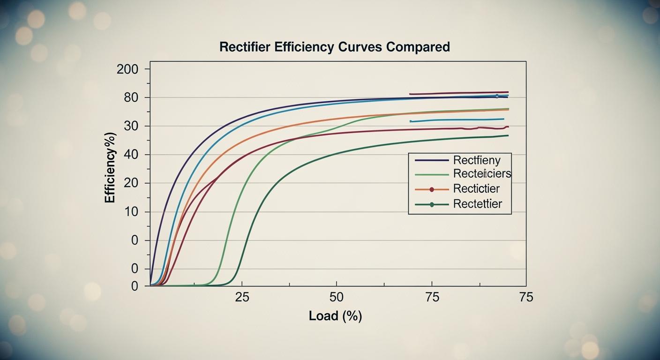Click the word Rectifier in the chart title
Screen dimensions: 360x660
pos(245,47)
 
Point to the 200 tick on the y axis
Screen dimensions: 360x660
pos(127,69)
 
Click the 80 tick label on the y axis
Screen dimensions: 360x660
pos(131,97)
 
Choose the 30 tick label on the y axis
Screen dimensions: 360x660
pos(131,126)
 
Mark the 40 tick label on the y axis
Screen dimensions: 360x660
pos(131,155)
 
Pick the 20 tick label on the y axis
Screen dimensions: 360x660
pos(131,183)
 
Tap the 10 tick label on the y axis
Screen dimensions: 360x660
pos(131,212)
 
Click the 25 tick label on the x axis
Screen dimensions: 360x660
pos(242,297)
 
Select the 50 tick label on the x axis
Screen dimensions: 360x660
pos(337,297)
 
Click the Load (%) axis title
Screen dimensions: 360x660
pos(335,316)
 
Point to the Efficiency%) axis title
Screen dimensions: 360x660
pos(110,168)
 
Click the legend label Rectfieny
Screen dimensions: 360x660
pos(477,160)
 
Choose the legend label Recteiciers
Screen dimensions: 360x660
pos(482,174)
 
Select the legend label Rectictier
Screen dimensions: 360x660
pos(476,189)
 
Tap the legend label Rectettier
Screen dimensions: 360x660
pos(477,204)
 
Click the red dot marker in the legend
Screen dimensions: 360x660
pos(432,189)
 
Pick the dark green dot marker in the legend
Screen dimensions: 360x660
pos(432,204)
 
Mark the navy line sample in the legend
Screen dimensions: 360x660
pos(432,160)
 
